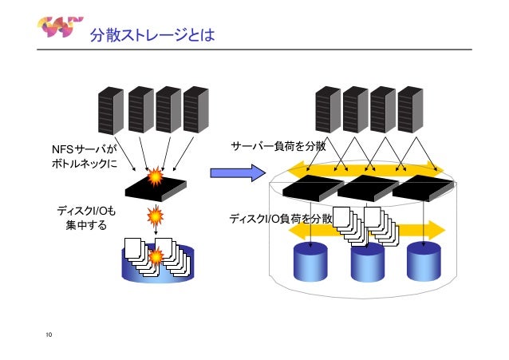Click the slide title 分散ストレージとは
[x=152, y=35]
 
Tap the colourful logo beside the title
[x=60, y=26]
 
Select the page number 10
[x=49, y=334]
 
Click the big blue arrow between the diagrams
[x=238, y=172]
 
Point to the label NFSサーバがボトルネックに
[x=84, y=156]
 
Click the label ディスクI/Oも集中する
[x=86, y=218]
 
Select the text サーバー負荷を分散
[x=278, y=146]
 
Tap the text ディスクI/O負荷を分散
[x=281, y=219]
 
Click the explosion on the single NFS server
[x=156, y=176]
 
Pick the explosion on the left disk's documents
[x=156, y=256]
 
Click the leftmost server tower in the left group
[x=111, y=110]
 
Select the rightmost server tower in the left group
[x=195, y=110]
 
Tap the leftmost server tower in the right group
[x=328, y=110]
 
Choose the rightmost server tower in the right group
[x=410, y=110]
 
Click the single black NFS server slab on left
[x=156, y=188]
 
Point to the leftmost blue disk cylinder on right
[x=310, y=262]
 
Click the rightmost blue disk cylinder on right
[x=424, y=262]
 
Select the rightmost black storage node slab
[x=423, y=188]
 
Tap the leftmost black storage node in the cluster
[x=314, y=188]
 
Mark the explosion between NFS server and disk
[x=155, y=216]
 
